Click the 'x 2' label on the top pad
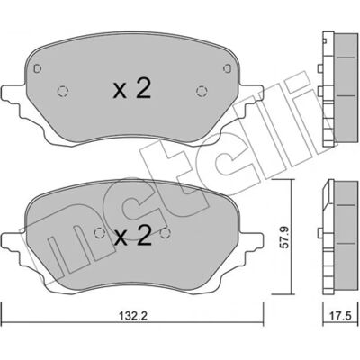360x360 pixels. tap(132, 90)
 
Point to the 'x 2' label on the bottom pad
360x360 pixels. tap(133, 236)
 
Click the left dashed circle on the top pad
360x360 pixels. tap(63, 91)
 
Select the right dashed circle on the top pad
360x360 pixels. tap(202, 91)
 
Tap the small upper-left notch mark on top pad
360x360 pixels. tap(37, 68)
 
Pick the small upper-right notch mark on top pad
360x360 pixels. tap(228, 68)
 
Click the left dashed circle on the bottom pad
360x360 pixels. tap(99, 233)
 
